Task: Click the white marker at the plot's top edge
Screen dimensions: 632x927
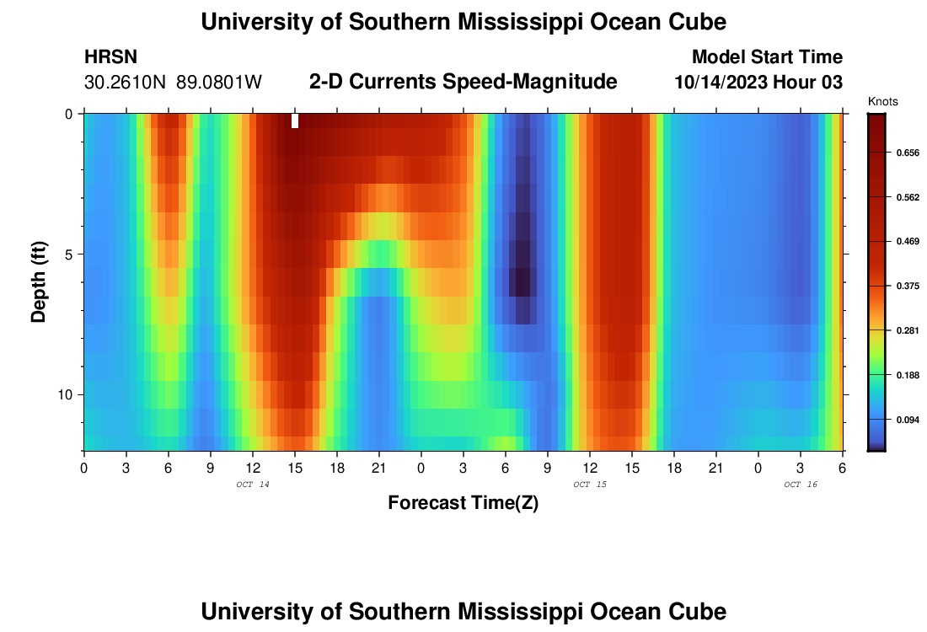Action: [295, 121]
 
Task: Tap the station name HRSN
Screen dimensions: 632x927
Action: [110, 58]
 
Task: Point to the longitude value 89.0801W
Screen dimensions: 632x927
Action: [219, 83]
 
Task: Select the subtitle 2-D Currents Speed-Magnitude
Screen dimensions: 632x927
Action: [463, 82]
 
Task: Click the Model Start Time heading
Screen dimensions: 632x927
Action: [767, 57]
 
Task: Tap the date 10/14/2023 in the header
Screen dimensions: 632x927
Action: [724, 83]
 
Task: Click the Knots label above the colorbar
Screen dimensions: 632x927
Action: [882, 101]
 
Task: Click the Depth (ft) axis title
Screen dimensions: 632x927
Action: [38, 282]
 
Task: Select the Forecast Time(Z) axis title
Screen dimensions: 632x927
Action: [463, 503]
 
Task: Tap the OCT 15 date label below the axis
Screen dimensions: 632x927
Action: [589, 485]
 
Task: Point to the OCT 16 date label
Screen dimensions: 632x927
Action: [800, 485]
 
